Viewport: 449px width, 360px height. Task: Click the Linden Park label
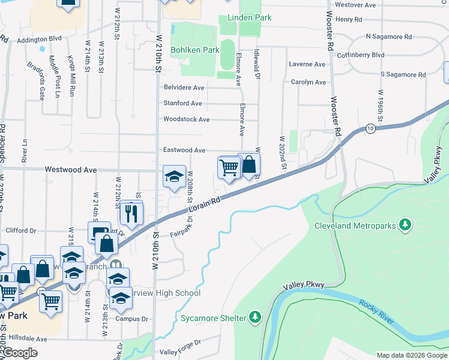pyautogui.click(x=245, y=18)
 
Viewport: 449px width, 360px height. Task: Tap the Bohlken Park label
pyautogui.click(x=195, y=50)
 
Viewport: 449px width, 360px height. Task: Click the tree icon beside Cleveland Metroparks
pyautogui.click(x=406, y=224)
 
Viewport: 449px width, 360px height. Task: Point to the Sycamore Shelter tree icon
pyautogui.click(x=256, y=316)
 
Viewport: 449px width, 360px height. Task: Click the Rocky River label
pyautogui.click(x=377, y=312)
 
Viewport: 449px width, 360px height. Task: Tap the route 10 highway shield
pyautogui.click(x=371, y=129)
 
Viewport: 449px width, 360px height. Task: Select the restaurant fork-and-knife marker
pyautogui.click(x=130, y=212)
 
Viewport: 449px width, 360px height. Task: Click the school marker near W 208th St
pyautogui.click(x=174, y=176)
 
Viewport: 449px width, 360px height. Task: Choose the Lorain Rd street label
pyautogui.click(x=205, y=208)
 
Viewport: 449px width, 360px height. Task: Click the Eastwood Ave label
pyautogui.click(x=184, y=150)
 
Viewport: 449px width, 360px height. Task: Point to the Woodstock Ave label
pyautogui.click(x=186, y=119)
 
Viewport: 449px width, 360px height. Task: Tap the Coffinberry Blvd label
pyautogui.click(x=378, y=55)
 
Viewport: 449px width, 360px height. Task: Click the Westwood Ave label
pyautogui.click(x=71, y=170)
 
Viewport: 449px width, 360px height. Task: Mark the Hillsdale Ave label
pyautogui.click(x=25, y=338)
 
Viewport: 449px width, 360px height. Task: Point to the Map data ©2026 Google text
pyautogui.click(x=412, y=355)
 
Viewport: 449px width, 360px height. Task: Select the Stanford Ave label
pyautogui.click(x=183, y=103)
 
